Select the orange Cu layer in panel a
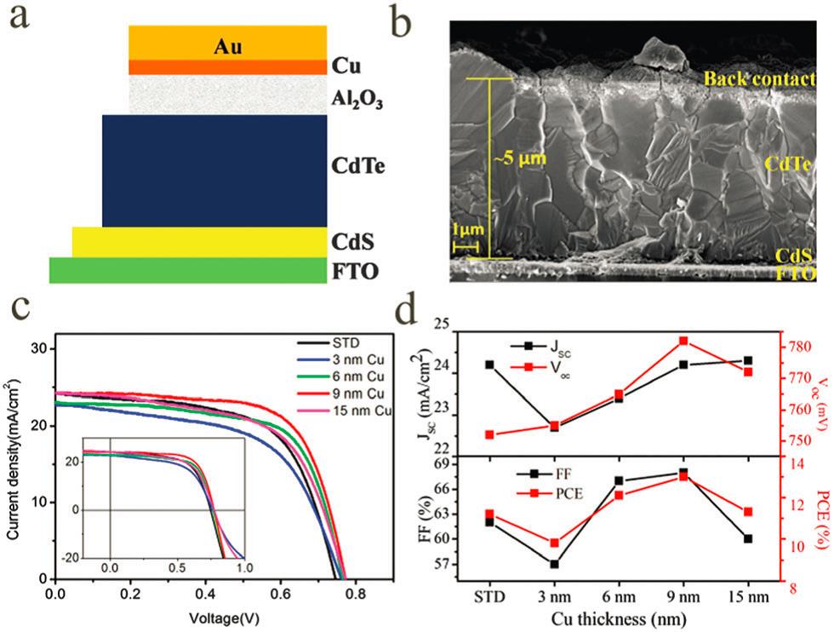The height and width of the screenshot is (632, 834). click(227, 67)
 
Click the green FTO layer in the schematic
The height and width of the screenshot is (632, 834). click(188, 270)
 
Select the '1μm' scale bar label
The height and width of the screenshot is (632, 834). click(466, 231)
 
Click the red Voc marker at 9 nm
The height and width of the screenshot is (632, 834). click(683, 341)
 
